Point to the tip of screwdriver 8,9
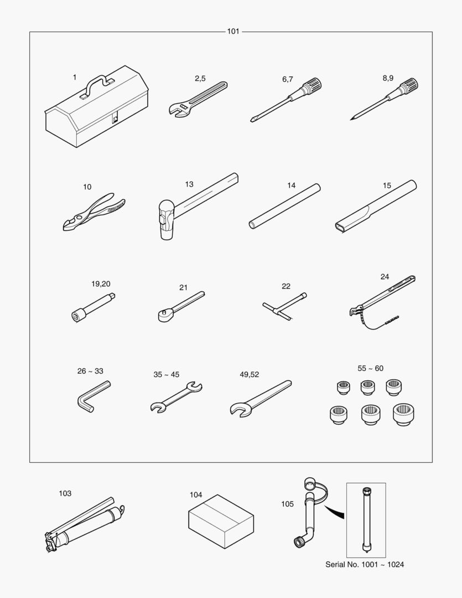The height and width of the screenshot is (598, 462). click(351, 120)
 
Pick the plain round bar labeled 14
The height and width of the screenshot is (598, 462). click(284, 207)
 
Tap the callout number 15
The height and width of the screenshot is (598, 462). click(387, 185)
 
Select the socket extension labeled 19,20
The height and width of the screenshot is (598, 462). click(94, 308)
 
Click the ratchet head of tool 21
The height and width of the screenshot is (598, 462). click(165, 315)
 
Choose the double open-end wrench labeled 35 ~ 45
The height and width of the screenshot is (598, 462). click(176, 398)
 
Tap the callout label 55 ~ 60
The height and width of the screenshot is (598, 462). click(371, 368)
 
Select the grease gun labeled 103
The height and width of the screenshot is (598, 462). click(85, 525)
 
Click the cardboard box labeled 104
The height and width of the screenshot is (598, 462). click(221, 522)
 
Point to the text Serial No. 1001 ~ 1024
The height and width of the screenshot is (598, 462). click(365, 564)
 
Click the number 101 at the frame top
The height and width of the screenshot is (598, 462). click(233, 31)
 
